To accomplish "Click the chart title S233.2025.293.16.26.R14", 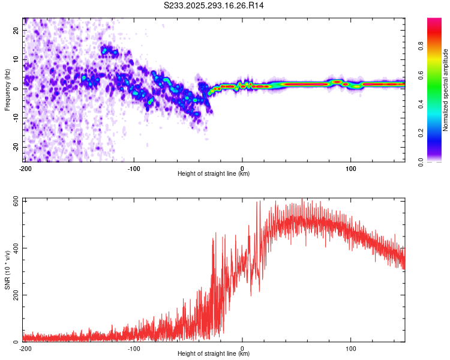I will [214, 5].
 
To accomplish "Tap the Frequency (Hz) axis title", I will [7, 89].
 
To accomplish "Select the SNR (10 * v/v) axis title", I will [7, 271].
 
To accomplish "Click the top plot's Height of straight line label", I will [214, 174].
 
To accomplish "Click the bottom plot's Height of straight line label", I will [214, 354].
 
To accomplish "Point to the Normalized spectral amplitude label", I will [445, 90].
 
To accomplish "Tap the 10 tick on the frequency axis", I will [17, 59].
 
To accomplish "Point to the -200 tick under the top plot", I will [25, 169].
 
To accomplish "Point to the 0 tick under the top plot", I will [242, 169].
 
